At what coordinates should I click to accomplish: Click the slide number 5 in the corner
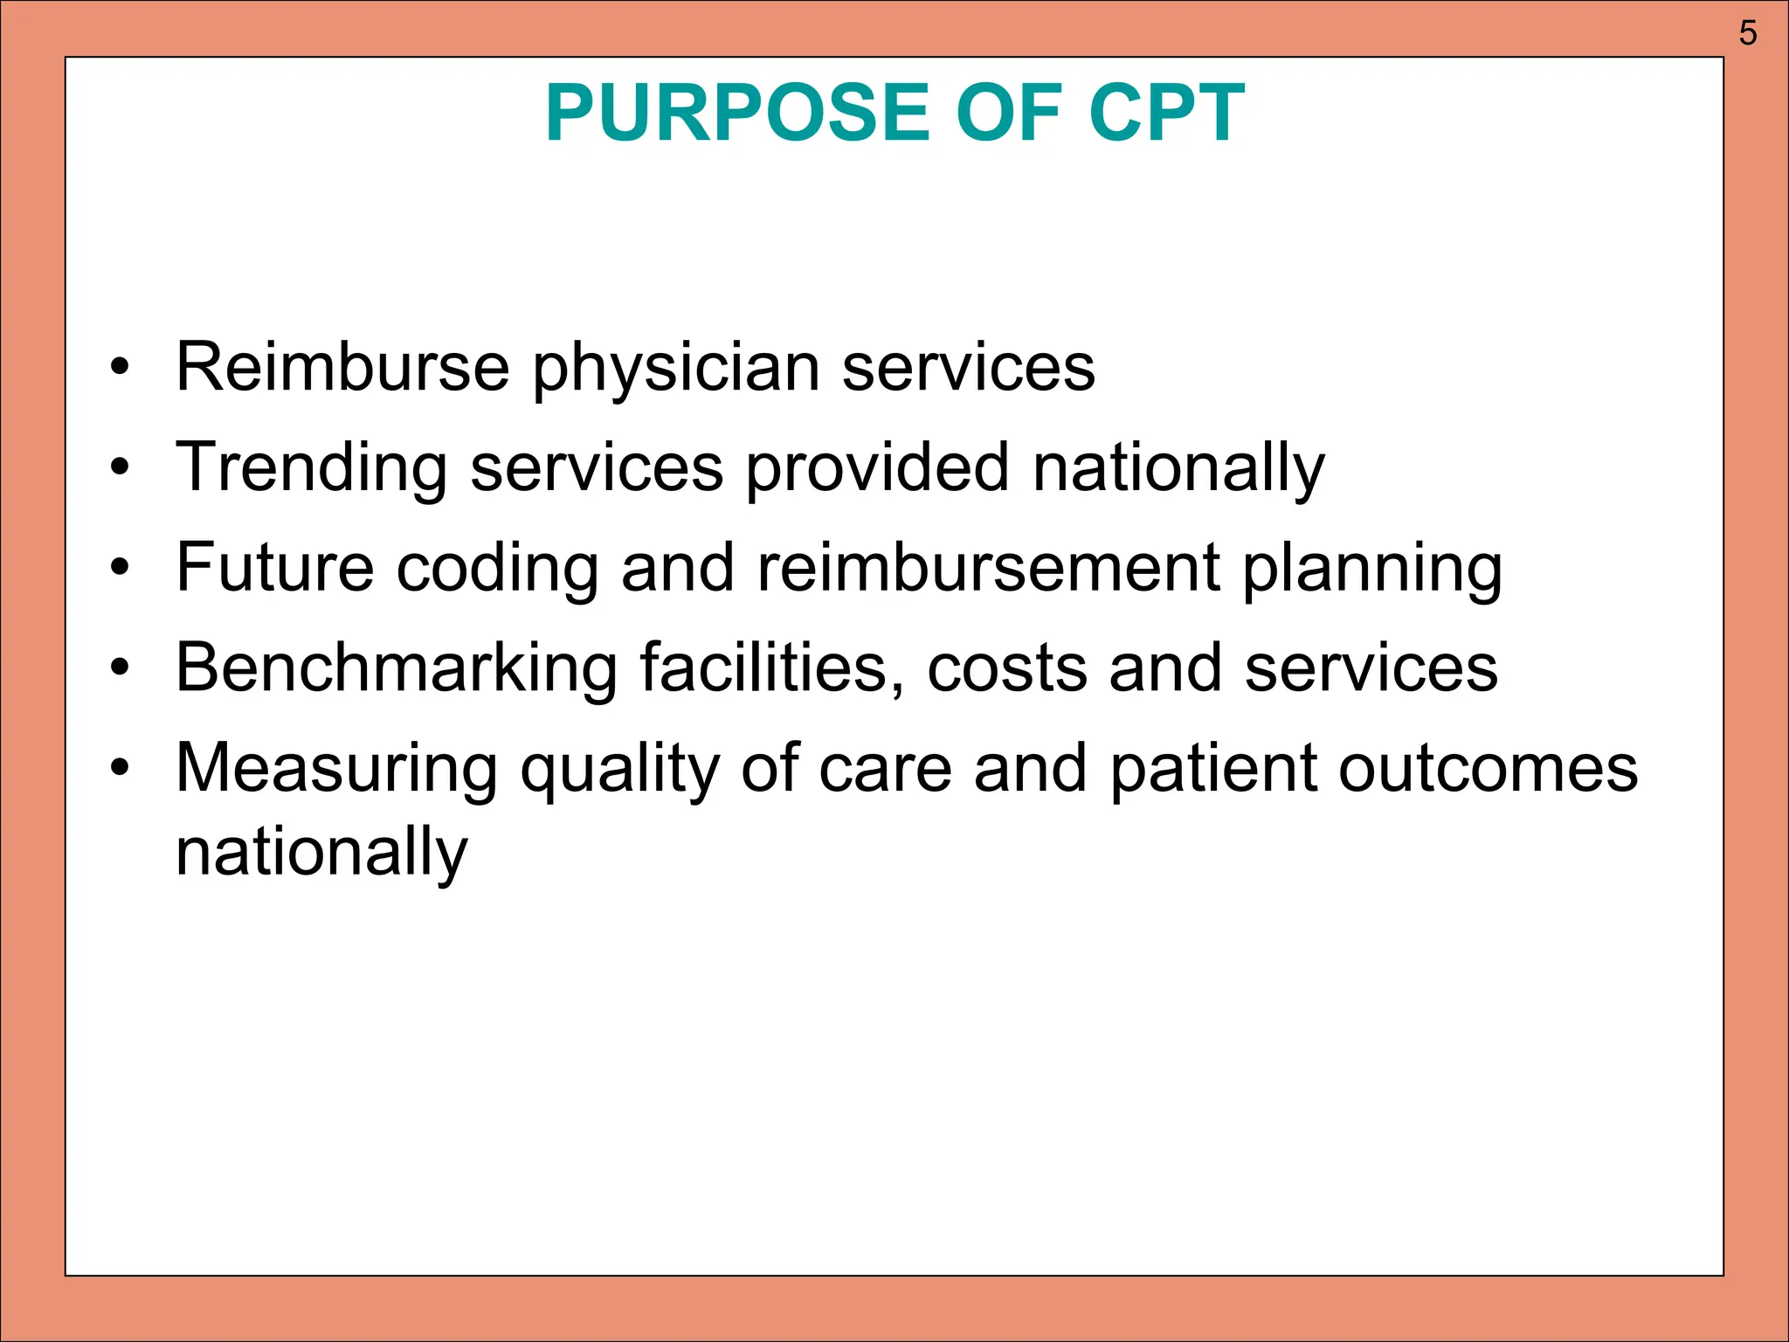pyautogui.click(x=1747, y=33)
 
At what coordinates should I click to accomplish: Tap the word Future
pyautogui.click(x=275, y=568)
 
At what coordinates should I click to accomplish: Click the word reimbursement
pyautogui.click(x=988, y=568)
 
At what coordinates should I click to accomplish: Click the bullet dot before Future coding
pyautogui.click(x=120, y=569)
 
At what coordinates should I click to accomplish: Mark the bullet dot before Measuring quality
pyautogui.click(x=120, y=769)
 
